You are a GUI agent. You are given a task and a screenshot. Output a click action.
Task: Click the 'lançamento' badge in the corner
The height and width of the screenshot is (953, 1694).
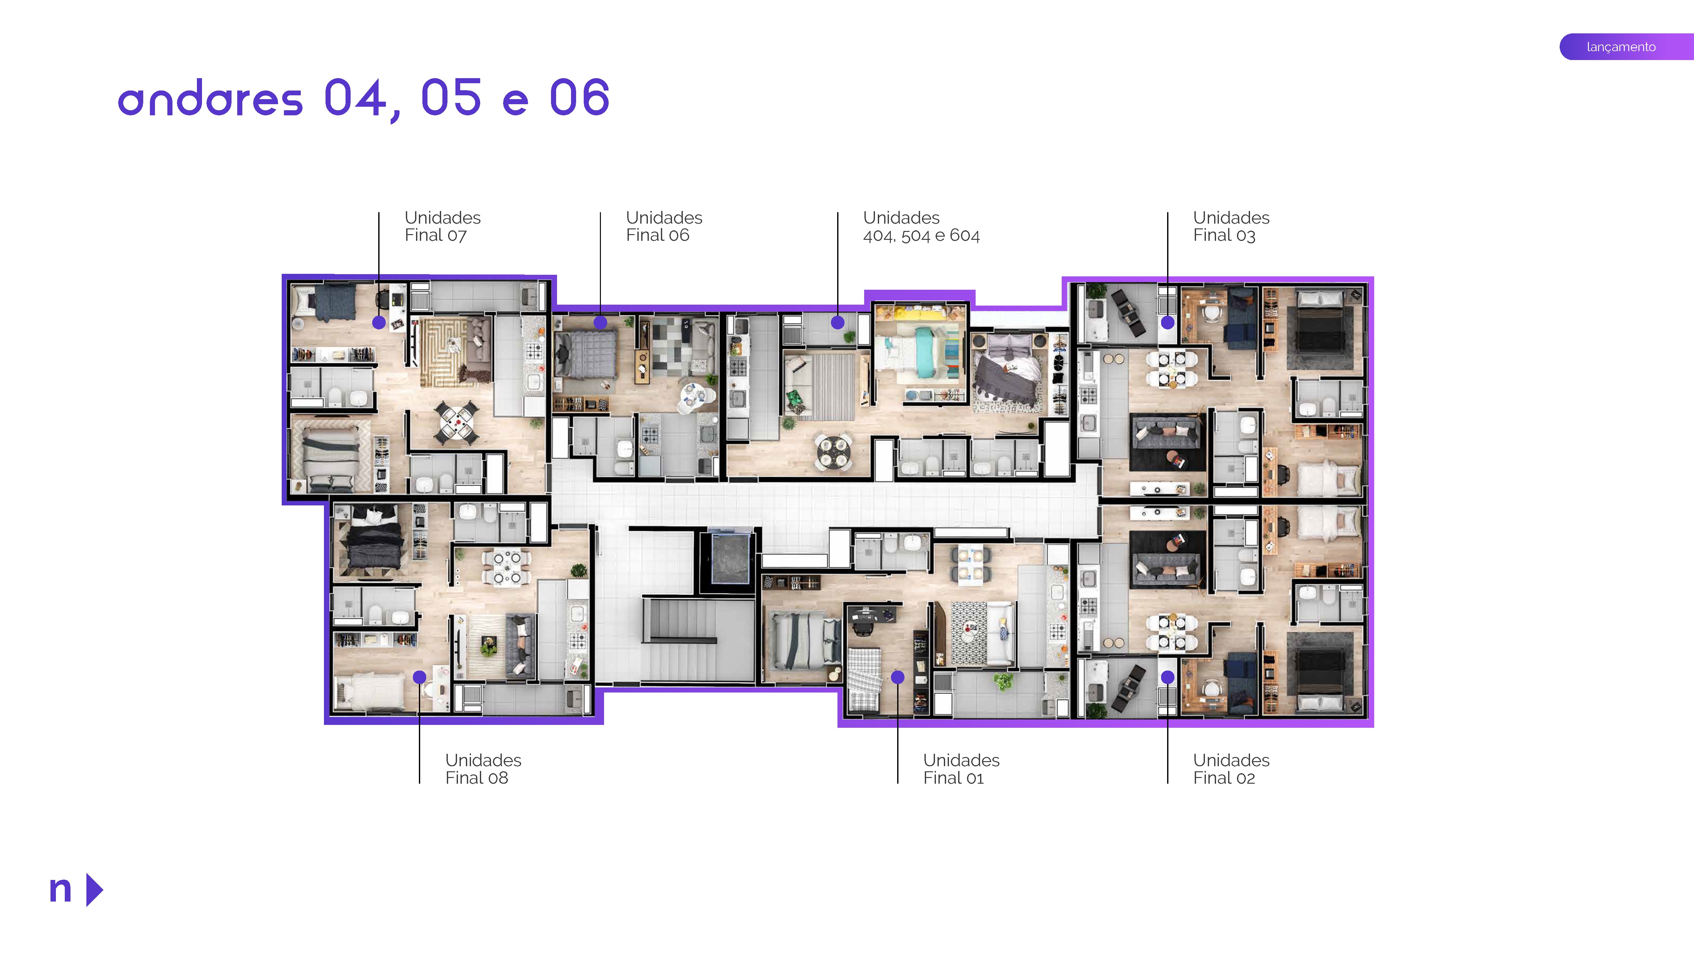[x=1621, y=47]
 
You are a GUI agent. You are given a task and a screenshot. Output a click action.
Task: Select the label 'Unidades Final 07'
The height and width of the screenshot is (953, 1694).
[x=442, y=226]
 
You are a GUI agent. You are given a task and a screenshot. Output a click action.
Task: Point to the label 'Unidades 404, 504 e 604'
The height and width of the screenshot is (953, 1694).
[x=921, y=226]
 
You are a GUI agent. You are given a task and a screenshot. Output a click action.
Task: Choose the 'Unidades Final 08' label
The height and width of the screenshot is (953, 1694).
[x=483, y=769]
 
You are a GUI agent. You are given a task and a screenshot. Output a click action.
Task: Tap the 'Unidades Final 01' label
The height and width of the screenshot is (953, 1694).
[x=961, y=769]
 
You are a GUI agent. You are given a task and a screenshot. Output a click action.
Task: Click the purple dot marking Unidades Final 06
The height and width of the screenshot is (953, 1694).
[x=600, y=322]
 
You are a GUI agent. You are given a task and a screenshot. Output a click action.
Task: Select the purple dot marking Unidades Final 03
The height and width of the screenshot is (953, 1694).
[x=1167, y=322]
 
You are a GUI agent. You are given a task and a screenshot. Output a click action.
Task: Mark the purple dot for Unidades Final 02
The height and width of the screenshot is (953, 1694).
[x=1167, y=677]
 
